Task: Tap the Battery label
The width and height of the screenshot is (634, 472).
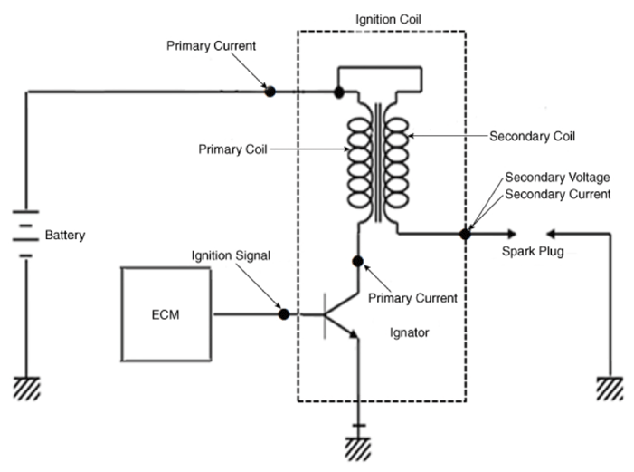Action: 65,235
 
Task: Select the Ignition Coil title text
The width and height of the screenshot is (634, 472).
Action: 388,19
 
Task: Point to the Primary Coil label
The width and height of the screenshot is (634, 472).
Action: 232,149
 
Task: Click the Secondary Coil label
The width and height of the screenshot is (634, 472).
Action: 532,136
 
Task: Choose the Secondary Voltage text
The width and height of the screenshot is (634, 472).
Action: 557,178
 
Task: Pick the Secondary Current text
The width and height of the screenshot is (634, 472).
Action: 558,195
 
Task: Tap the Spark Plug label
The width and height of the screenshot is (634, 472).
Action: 533,252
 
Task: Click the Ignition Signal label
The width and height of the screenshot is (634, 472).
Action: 231,255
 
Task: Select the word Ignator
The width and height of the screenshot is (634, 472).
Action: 409,332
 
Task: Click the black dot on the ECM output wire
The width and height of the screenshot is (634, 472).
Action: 284,314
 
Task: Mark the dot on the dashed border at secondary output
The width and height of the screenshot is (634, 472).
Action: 465,234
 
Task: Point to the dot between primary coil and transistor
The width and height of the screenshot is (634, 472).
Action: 357,261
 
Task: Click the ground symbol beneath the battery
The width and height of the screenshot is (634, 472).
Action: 27,389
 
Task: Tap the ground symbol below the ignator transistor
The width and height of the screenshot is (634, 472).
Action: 358,449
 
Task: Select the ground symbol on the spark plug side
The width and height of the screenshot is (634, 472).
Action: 610,389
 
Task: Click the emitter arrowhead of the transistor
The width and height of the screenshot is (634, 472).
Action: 354,334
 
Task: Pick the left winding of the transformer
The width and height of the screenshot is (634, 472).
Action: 359,163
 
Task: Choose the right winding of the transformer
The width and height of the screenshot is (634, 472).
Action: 396,163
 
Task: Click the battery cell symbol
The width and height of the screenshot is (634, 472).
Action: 26,234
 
